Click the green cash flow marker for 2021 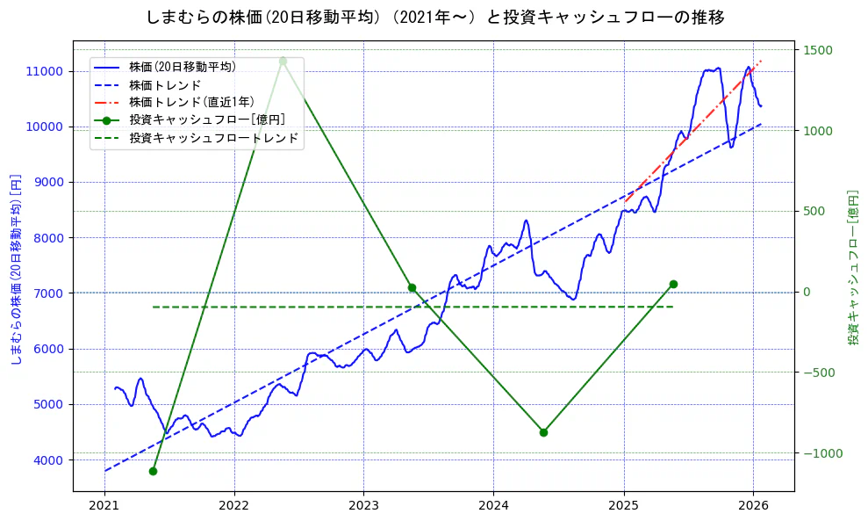[153, 471]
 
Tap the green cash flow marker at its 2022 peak [283, 61]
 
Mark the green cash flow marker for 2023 [412, 287]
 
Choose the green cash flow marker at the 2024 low [543, 432]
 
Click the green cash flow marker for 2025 [673, 284]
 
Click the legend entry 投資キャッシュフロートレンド [213, 138]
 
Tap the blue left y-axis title [15, 269]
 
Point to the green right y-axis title [852, 267]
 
